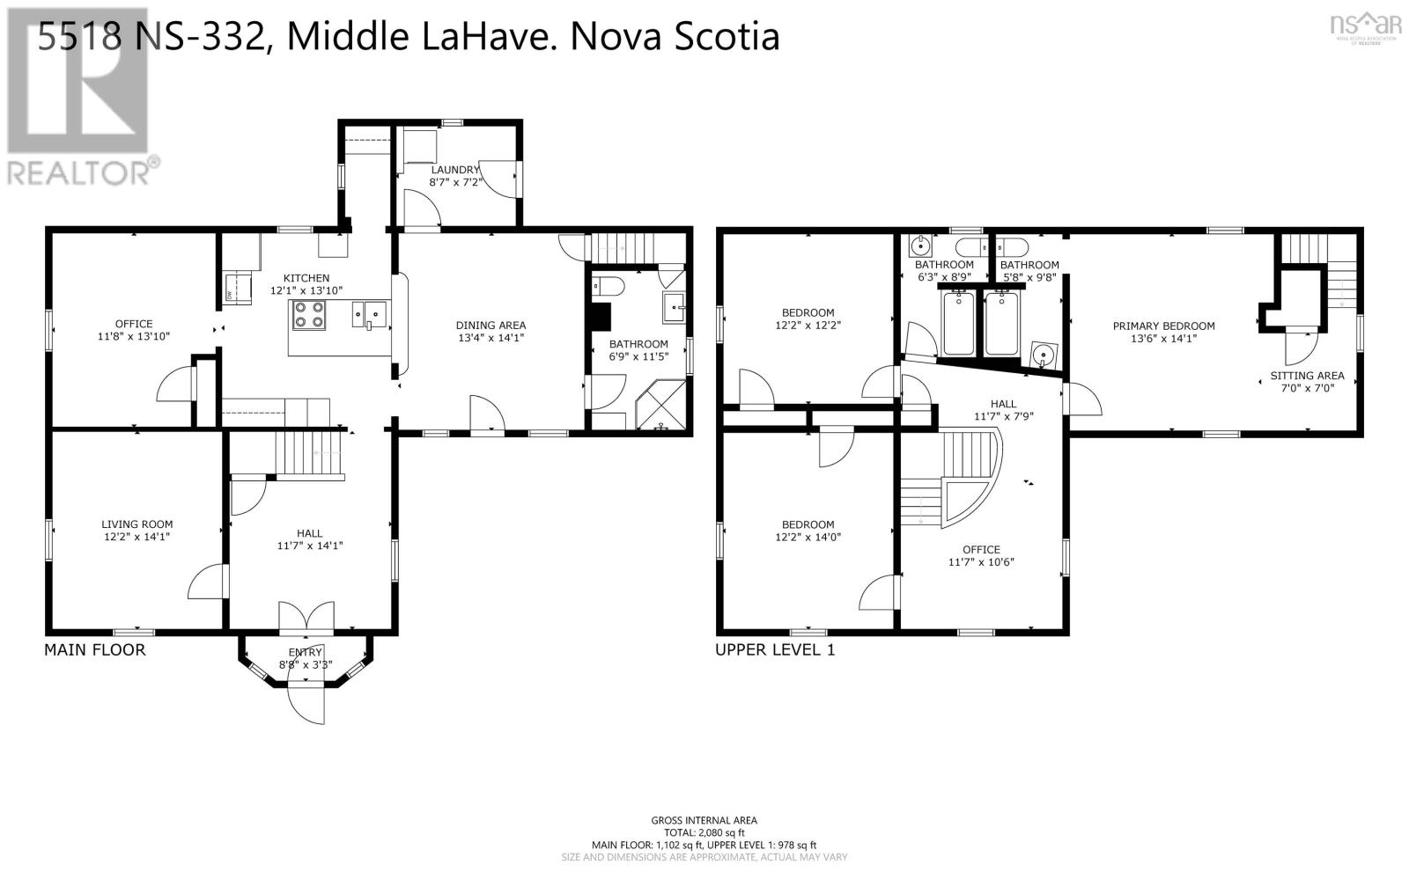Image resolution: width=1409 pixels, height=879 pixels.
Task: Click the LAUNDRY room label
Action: coord(454,170)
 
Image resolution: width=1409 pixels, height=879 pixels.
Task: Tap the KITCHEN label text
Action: coord(306,278)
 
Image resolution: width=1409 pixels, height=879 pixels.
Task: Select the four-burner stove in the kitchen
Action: coord(308,315)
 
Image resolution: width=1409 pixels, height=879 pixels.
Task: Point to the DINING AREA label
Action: coord(491,326)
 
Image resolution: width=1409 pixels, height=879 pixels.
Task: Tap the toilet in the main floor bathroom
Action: coord(609,287)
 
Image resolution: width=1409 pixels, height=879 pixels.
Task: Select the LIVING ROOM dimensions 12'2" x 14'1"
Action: coord(136,537)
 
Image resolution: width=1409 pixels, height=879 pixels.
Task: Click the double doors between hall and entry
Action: coord(306,618)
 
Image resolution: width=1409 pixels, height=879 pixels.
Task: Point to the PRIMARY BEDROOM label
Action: coord(1163,326)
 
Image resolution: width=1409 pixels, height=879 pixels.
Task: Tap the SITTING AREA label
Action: coord(1307,376)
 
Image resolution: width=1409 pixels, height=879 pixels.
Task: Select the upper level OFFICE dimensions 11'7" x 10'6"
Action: coord(981,562)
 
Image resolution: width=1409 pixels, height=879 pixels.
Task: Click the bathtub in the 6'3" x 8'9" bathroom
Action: coord(957,323)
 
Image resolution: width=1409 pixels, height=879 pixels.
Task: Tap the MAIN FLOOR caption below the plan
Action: coord(94,650)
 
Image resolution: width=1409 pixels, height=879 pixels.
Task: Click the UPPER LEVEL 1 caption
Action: coord(774,650)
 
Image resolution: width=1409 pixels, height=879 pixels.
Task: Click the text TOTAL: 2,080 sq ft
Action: coord(704,832)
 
